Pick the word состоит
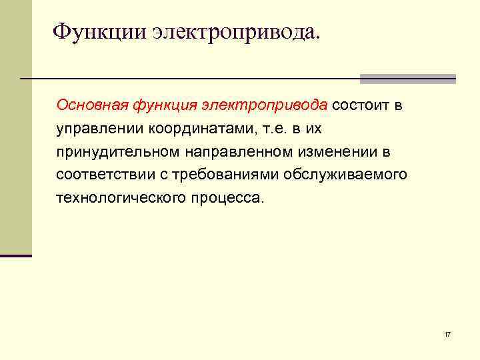point(361,105)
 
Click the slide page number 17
point(447,333)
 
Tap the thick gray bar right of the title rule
point(407,79)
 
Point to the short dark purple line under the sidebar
point(16,255)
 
